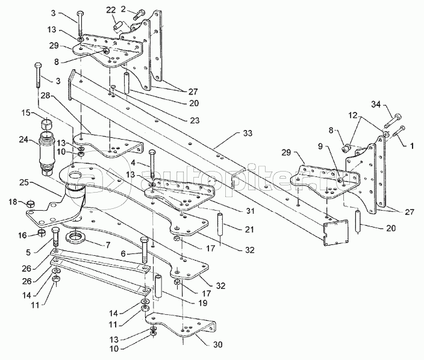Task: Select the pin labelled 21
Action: click(x=220, y=224)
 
